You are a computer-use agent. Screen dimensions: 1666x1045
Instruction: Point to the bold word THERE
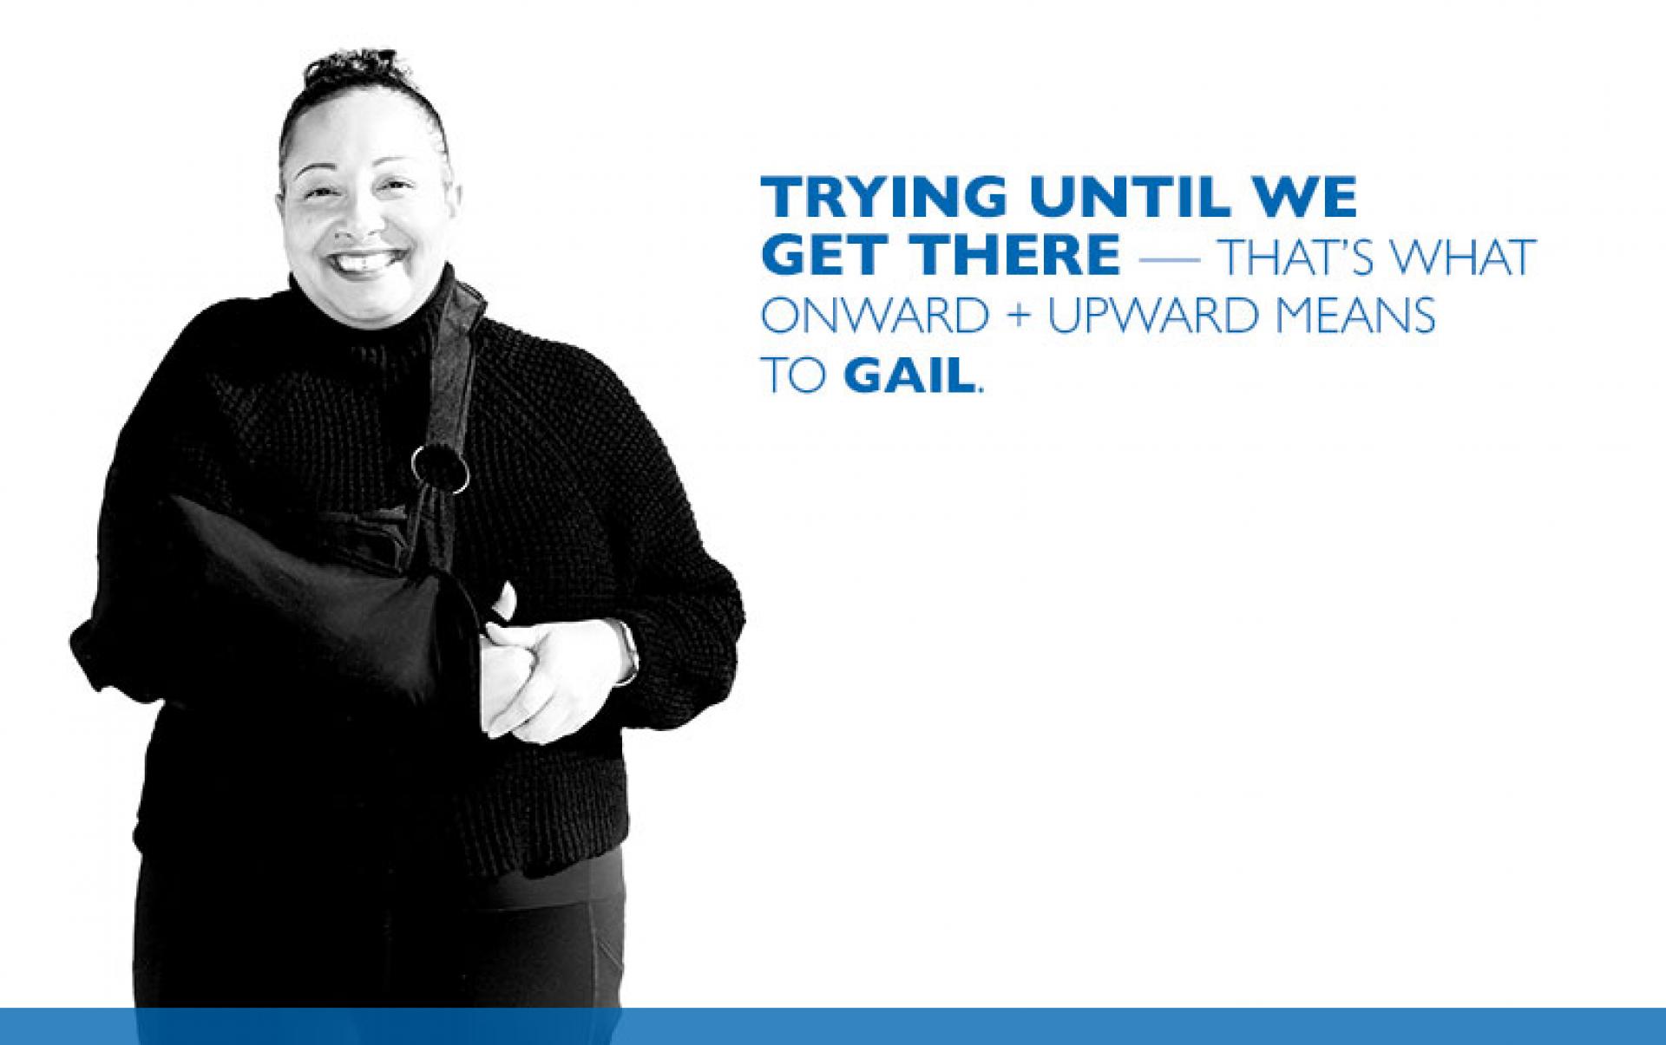pyautogui.click(x=1014, y=255)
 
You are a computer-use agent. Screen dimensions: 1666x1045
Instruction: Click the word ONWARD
pyautogui.click(x=875, y=316)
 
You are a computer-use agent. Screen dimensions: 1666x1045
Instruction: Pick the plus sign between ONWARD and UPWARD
pyautogui.click(x=1019, y=317)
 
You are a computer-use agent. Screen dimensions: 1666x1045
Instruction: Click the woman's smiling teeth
pyautogui.click(x=364, y=259)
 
